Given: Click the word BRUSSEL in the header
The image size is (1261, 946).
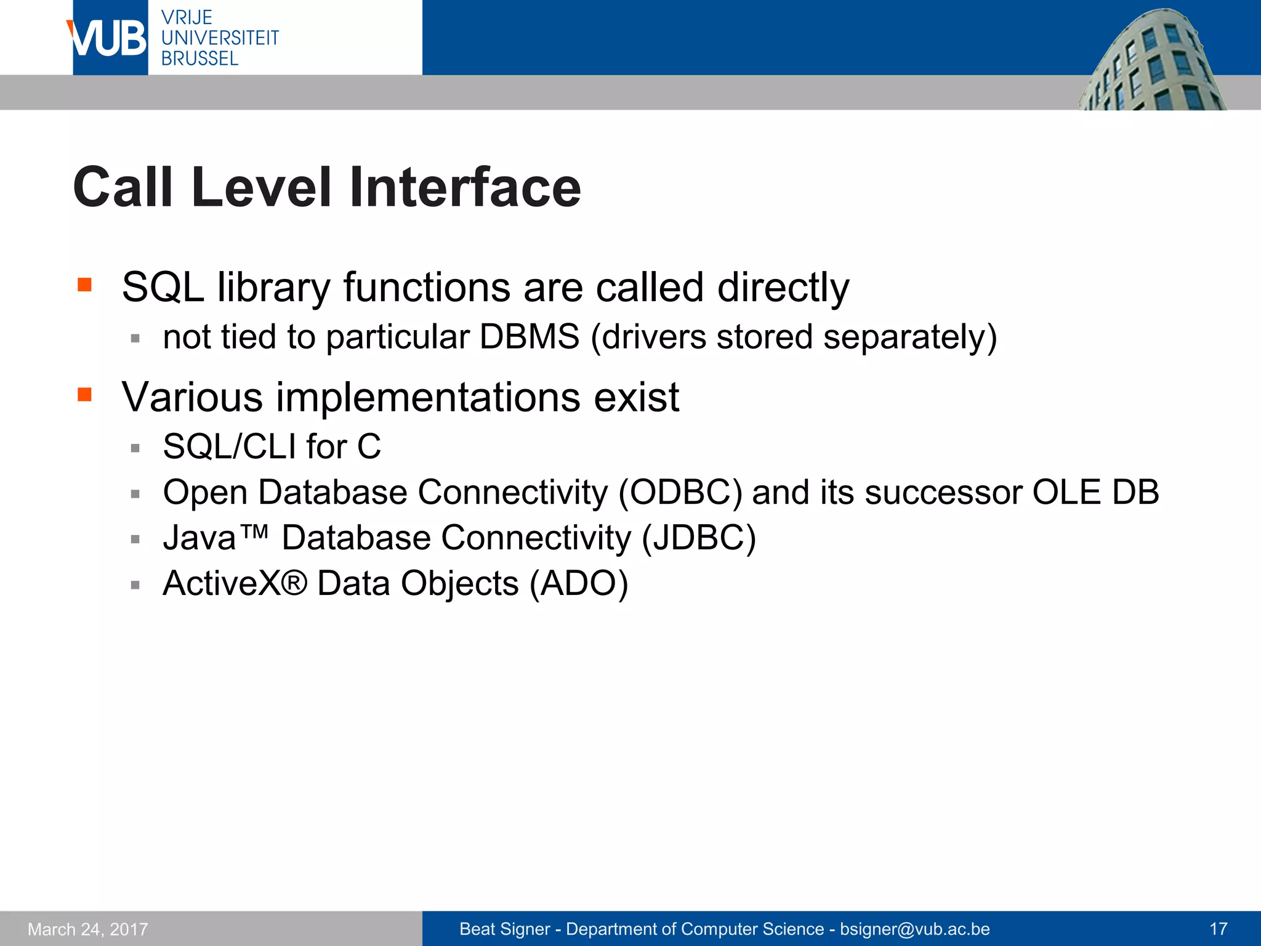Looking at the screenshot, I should pyautogui.click(x=199, y=59).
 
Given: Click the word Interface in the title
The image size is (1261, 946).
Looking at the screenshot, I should pyautogui.click(x=465, y=187).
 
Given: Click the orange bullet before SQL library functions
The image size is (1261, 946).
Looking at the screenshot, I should pyautogui.click(x=84, y=285).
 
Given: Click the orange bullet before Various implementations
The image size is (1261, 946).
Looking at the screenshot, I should pyautogui.click(x=84, y=394).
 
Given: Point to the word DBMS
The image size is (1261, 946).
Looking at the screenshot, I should pyautogui.click(x=529, y=337).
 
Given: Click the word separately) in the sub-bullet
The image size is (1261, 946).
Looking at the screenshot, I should pyautogui.click(x=909, y=337).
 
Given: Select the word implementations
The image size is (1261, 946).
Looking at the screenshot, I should pyautogui.click(x=428, y=397).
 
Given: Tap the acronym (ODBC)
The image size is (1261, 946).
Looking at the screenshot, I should pyautogui.click(x=680, y=492).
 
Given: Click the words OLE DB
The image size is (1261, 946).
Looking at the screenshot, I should pyautogui.click(x=1095, y=492).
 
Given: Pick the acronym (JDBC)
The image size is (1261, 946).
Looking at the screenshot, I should pyautogui.click(x=698, y=538).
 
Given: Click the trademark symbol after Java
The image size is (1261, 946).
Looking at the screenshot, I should pyautogui.click(x=253, y=532).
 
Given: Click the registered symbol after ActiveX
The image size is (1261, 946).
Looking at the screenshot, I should pyautogui.click(x=295, y=582).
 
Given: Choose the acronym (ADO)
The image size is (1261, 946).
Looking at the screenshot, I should pyautogui.click(x=579, y=583).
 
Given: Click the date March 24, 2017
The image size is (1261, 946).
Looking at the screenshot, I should pyautogui.click(x=88, y=929).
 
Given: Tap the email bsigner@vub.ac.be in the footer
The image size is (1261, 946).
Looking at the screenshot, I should pyautogui.click(x=914, y=929).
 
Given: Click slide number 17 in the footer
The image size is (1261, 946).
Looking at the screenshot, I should pyautogui.click(x=1218, y=929).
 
